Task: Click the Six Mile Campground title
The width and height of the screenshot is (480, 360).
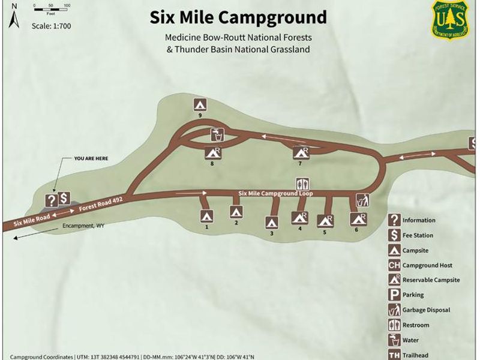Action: tap(238, 17)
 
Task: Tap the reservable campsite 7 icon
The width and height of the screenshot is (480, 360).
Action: tap(300, 153)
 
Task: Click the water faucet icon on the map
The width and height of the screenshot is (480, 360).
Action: tap(217, 133)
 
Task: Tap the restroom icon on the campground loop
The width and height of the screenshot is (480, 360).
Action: tap(302, 183)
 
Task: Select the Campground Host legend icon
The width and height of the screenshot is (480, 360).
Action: tap(394, 265)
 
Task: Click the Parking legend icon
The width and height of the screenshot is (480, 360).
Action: tap(394, 295)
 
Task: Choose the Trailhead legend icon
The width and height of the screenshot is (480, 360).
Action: tap(394, 355)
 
